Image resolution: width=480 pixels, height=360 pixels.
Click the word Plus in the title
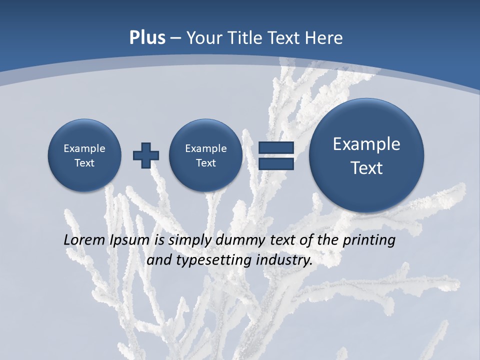pos(147,38)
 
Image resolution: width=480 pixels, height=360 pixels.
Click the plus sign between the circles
pos(146,155)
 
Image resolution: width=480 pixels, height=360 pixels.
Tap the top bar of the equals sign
pos(276,148)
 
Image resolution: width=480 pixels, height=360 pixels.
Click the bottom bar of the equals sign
pos(276,163)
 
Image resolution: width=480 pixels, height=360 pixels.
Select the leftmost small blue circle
pos(84,155)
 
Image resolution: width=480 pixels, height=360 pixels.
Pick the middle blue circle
pos(205,155)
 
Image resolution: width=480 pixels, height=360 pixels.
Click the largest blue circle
pos(366,155)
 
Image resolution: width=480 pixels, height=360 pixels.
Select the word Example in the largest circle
pos(366,144)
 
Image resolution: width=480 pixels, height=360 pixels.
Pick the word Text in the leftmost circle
pos(84,163)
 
